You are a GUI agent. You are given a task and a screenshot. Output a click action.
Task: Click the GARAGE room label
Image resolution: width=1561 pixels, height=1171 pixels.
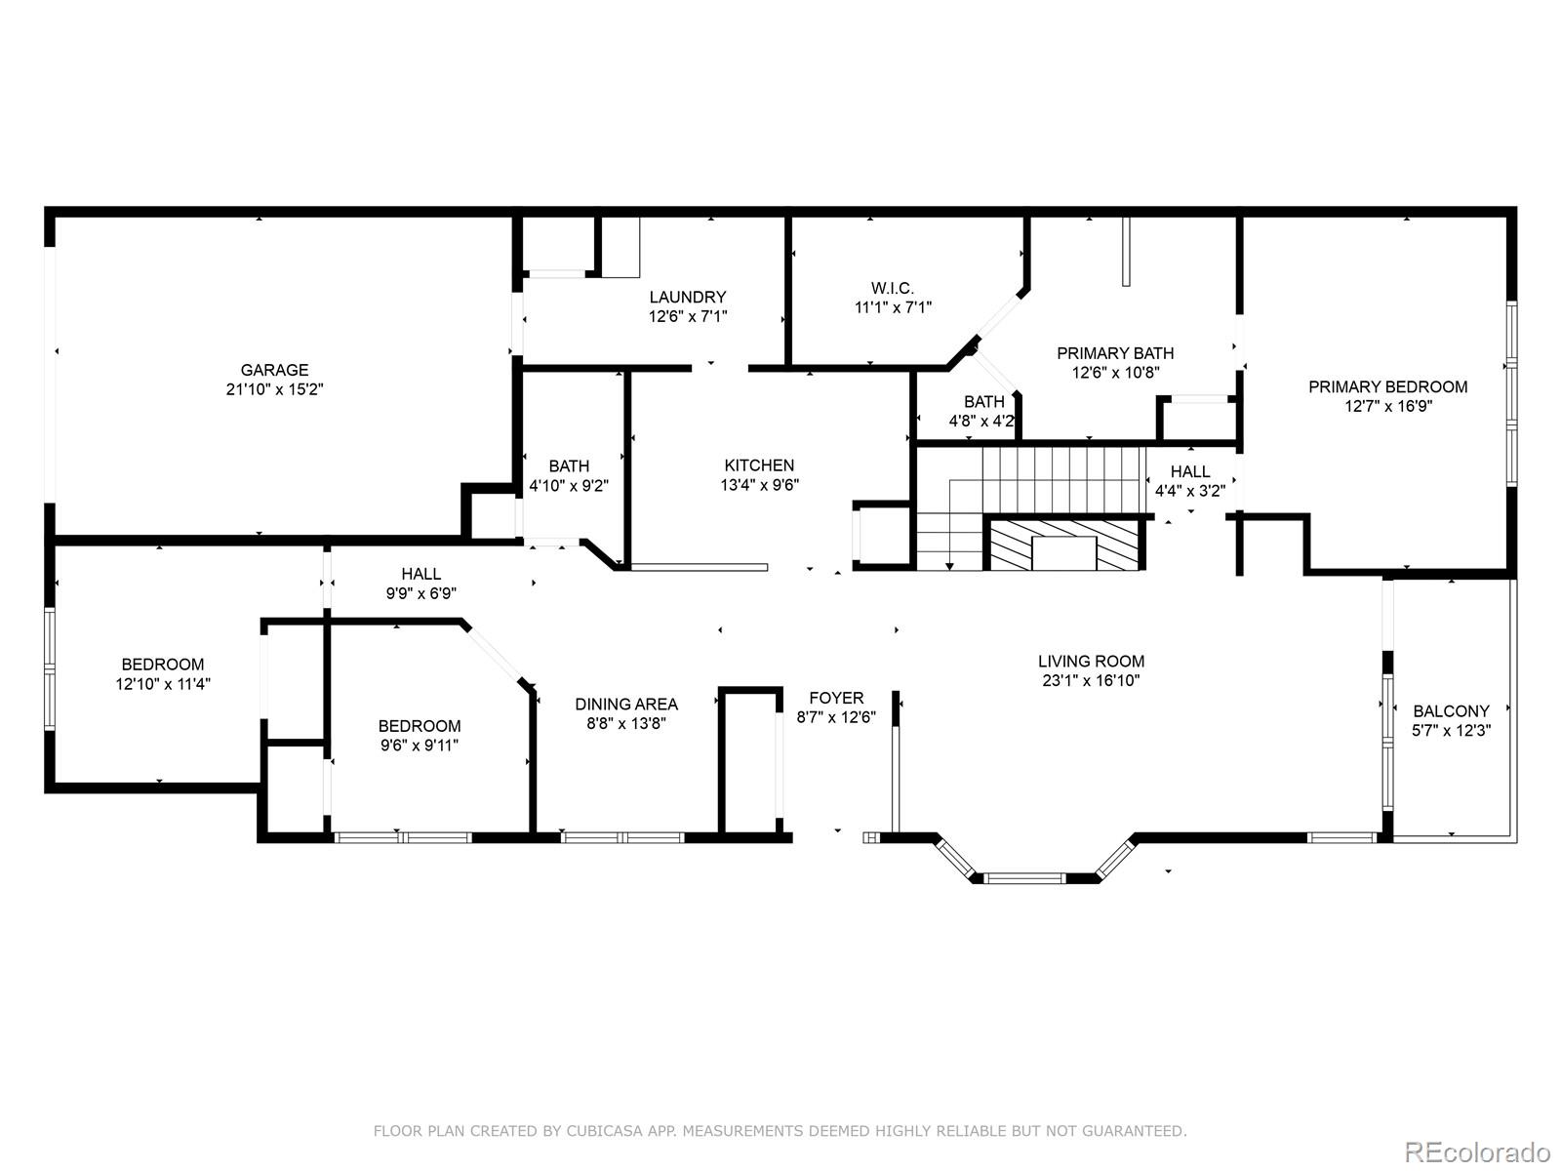click(x=274, y=370)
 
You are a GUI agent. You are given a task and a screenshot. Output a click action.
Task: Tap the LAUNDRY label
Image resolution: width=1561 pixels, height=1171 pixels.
click(x=688, y=297)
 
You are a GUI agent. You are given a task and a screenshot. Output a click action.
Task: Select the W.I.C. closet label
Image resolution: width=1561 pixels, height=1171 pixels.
click(x=893, y=288)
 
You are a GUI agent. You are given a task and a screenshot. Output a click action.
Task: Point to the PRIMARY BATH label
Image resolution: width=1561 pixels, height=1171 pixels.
click(x=1115, y=352)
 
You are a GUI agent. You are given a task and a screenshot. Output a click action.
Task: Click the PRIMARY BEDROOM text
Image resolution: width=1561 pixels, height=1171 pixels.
click(x=1388, y=386)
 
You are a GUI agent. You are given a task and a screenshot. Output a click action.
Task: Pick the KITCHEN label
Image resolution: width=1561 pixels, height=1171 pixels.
click(x=759, y=465)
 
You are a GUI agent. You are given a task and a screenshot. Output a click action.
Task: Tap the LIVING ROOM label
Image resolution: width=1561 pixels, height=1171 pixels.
click(x=1092, y=662)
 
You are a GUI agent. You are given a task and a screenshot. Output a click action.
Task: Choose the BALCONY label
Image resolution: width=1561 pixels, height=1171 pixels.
click(x=1451, y=711)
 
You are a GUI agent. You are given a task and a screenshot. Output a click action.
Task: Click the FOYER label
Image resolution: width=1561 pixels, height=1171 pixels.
click(x=836, y=698)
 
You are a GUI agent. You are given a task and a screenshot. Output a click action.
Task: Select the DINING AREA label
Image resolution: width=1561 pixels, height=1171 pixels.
click(x=626, y=704)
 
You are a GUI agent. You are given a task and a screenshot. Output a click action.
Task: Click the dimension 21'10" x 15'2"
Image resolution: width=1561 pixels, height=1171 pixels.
click(x=274, y=389)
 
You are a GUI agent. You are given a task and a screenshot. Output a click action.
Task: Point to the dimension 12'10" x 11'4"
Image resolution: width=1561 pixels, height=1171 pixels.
click(x=163, y=684)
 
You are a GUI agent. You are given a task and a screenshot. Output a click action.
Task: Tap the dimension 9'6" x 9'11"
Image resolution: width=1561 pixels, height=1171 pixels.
click(x=420, y=746)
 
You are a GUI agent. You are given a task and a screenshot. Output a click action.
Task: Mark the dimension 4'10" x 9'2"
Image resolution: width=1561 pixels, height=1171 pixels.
click(x=569, y=486)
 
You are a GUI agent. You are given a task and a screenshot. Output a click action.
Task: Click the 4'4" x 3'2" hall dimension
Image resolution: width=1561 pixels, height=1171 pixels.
click(x=1190, y=491)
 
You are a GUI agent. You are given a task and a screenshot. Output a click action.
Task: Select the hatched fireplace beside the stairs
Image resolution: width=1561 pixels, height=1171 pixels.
click(x=1064, y=544)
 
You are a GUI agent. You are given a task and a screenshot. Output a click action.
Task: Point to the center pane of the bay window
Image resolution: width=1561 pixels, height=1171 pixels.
click(x=1024, y=877)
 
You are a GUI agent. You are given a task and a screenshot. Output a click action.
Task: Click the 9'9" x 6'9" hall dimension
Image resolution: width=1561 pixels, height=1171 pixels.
click(x=421, y=593)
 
